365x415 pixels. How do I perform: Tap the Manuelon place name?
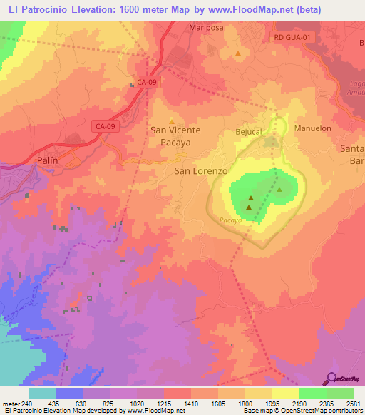pyautogui.click(x=314, y=128)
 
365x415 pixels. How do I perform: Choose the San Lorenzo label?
pyautogui.click(x=201, y=172)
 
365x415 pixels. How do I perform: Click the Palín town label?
pyautogui.click(x=47, y=161)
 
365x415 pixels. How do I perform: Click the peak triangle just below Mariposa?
pyautogui.click(x=238, y=53)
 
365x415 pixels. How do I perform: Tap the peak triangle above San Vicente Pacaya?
pyautogui.click(x=171, y=120)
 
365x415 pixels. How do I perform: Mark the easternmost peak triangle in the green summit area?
pyautogui.click(x=279, y=190)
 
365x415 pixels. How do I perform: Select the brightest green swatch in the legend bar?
pyautogui.click(x=312, y=393)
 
